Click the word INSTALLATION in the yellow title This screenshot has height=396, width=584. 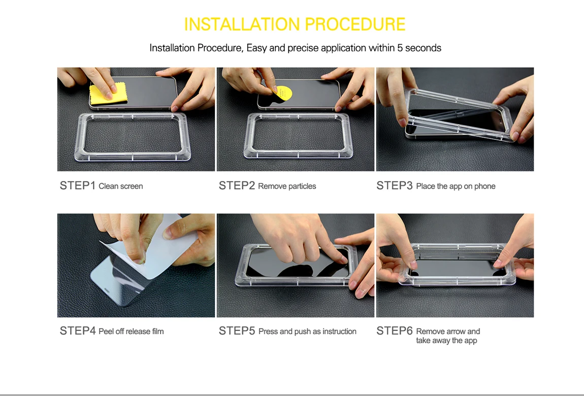(x=242, y=24)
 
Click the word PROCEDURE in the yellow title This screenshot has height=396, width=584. (x=355, y=24)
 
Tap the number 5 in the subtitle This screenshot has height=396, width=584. (x=400, y=48)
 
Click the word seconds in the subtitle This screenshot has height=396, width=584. (x=423, y=48)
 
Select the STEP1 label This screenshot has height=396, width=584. (x=78, y=186)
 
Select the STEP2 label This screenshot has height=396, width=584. (x=237, y=186)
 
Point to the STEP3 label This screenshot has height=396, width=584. (x=395, y=186)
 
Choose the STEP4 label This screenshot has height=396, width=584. (x=78, y=331)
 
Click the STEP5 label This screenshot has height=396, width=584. (x=237, y=331)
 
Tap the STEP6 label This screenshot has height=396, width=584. (x=395, y=331)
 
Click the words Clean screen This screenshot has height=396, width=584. (x=121, y=186)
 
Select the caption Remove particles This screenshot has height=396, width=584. (x=287, y=186)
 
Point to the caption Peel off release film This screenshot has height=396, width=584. (x=131, y=331)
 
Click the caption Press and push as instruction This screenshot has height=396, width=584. (x=307, y=331)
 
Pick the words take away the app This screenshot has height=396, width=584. (x=446, y=341)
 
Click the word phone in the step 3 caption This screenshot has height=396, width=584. (x=484, y=187)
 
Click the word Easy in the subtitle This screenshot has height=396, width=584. (x=256, y=48)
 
